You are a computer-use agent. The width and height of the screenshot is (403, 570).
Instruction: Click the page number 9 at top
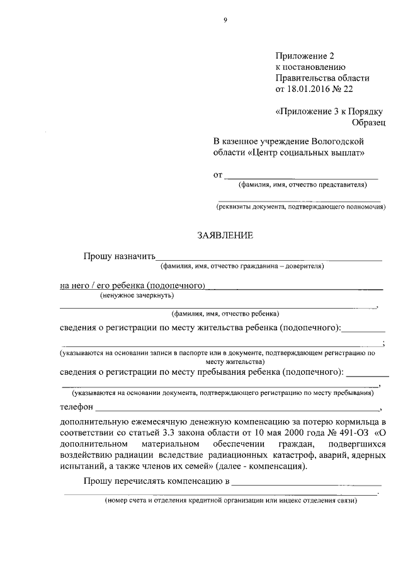point(225,20)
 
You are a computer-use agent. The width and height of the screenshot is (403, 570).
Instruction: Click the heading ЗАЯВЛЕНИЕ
point(225,236)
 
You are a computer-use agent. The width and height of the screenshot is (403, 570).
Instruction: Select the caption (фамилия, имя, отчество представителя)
point(302,185)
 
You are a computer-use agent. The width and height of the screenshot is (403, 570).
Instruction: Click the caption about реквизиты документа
point(301,206)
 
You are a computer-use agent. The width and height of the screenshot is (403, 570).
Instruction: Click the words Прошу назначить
point(119,256)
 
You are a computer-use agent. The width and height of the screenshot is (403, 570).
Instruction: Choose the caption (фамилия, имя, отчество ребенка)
point(225,314)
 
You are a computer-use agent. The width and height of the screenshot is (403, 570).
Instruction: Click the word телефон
point(76,407)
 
